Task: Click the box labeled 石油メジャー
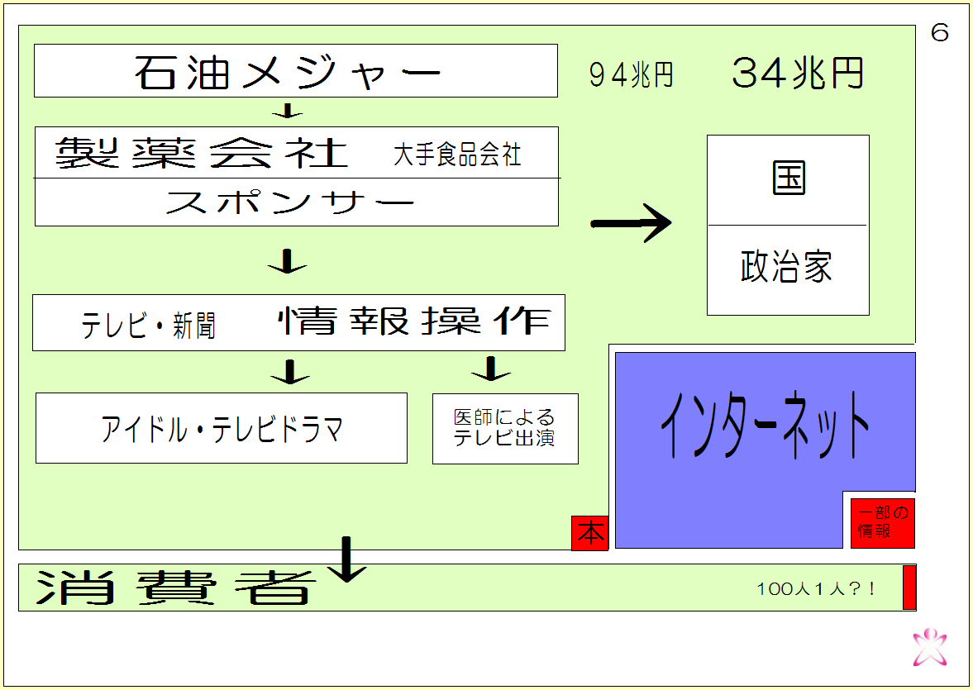(x=295, y=71)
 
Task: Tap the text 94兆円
(x=632, y=75)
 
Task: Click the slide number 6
(x=940, y=34)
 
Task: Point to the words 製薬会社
(x=202, y=153)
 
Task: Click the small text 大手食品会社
(x=457, y=155)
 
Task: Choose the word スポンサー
(x=289, y=202)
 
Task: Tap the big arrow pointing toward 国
(x=631, y=223)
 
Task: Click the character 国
(x=789, y=178)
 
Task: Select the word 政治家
(x=786, y=268)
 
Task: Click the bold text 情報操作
(x=414, y=321)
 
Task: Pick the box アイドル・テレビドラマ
(x=222, y=428)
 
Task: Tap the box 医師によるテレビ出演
(x=505, y=428)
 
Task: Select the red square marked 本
(x=590, y=533)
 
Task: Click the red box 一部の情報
(x=882, y=522)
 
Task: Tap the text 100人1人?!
(x=816, y=588)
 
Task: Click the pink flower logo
(x=930, y=647)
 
